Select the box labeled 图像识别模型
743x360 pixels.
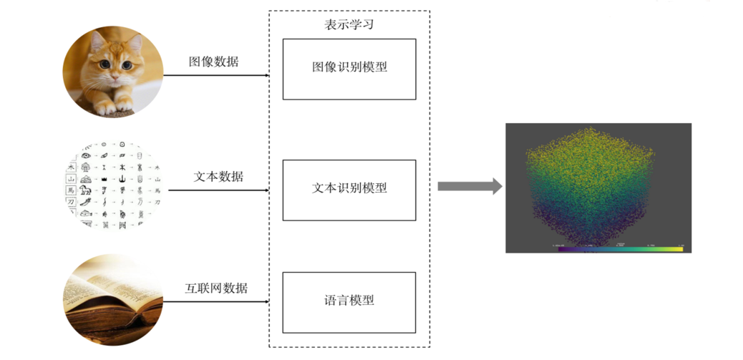click(349, 69)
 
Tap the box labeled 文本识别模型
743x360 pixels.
click(349, 190)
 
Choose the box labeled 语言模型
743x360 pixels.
click(349, 302)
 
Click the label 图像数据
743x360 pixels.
click(213, 62)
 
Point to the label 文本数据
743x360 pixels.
click(218, 176)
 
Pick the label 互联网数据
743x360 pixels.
click(216, 288)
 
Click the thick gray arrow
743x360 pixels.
click(469, 187)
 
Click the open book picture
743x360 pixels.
click(113, 299)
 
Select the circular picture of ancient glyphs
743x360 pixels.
click(113, 185)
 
